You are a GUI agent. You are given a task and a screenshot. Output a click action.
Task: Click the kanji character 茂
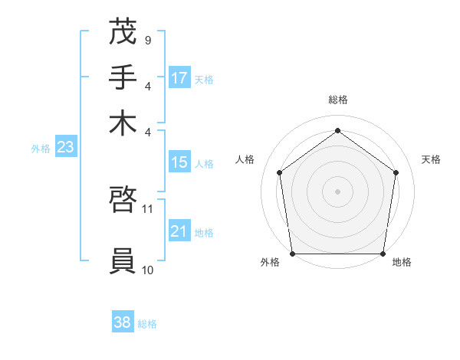(x=123, y=32)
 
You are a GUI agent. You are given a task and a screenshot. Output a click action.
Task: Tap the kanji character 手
(x=123, y=77)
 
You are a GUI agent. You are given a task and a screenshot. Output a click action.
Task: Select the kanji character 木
(x=123, y=122)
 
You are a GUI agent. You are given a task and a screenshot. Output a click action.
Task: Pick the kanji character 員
(x=123, y=261)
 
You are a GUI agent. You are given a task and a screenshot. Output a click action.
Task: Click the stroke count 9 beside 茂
(x=147, y=40)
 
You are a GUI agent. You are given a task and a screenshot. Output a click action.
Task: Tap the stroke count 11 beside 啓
(x=148, y=208)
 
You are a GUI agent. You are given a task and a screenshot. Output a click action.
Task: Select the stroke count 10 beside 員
(x=148, y=270)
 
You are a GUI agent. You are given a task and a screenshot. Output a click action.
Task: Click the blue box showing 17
(x=179, y=78)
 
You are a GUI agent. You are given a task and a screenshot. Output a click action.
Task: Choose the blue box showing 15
(x=179, y=162)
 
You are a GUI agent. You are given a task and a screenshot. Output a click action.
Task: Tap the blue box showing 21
(x=179, y=231)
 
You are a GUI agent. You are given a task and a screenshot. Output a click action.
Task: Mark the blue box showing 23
(x=65, y=147)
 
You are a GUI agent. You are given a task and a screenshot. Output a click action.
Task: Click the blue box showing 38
(x=123, y=322)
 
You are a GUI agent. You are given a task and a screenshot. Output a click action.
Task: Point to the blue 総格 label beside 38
(x=147, y=324)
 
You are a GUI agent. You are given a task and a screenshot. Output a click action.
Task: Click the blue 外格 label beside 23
(x=41, y=149)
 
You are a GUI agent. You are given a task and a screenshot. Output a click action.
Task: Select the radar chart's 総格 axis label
(x=337, y=100)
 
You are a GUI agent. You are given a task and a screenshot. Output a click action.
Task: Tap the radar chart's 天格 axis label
(x=432, y=159)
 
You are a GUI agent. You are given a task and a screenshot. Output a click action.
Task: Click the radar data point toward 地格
(x=383, y=254)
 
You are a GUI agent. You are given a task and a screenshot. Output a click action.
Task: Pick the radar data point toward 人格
(x=279, y=172)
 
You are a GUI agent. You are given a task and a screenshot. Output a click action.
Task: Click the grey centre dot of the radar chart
(x=337, y=191)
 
